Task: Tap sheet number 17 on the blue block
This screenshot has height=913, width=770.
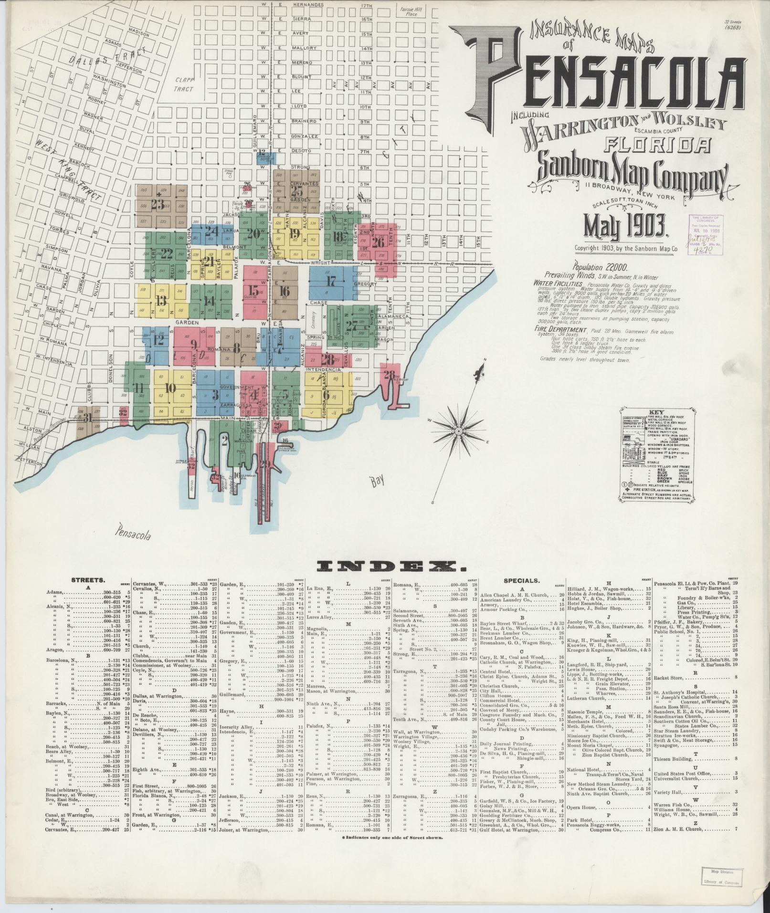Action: coord(331,281)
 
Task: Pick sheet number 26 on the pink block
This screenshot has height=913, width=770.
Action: coord(378,242)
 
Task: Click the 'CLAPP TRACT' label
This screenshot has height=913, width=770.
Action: coord(183,84)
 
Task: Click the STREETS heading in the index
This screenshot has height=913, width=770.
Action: coord(88,580)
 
